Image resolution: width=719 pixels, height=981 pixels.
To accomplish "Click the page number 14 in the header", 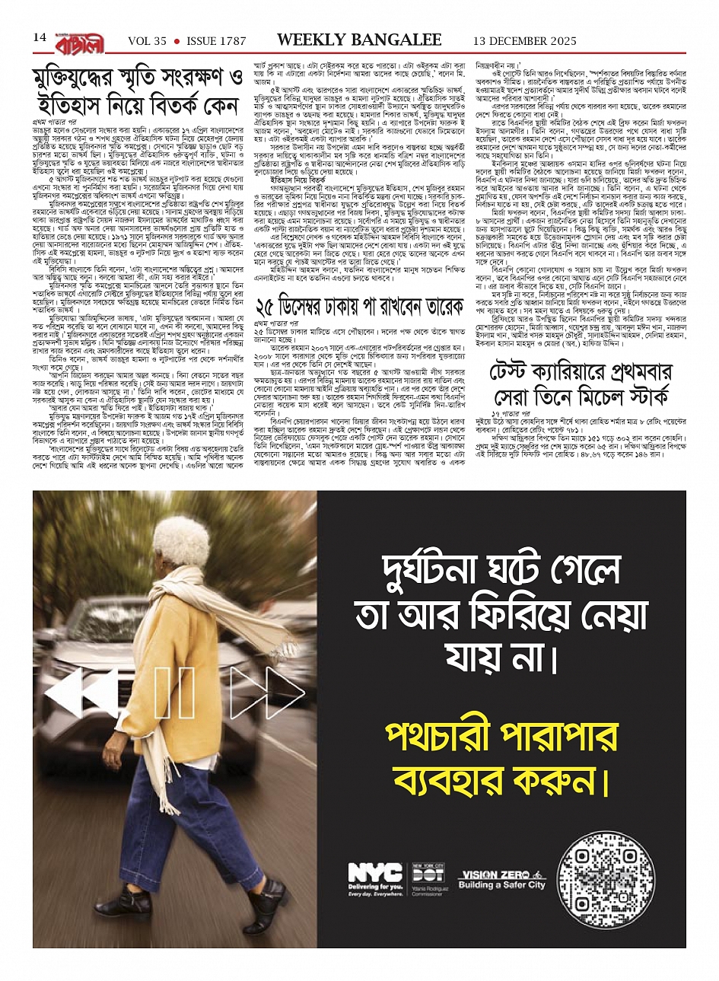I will pyautogui.click(x=40, y=37).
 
